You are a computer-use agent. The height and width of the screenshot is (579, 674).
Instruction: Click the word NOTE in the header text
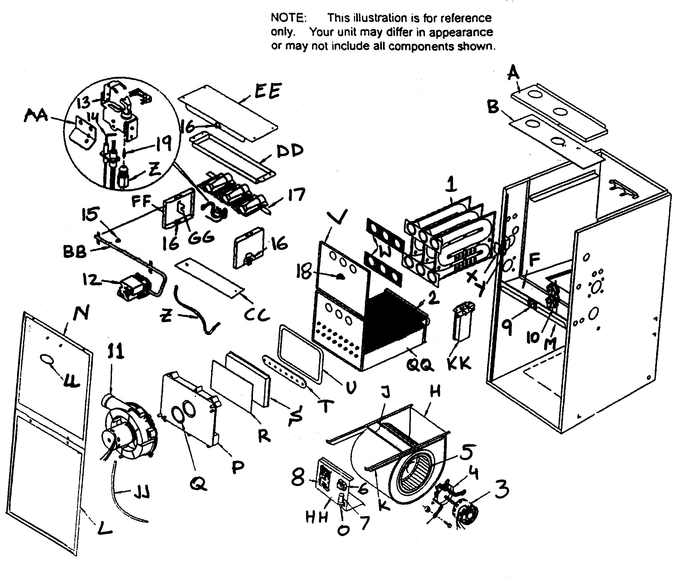(289, 18)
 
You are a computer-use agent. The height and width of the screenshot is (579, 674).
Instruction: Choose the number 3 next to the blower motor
(501, 490)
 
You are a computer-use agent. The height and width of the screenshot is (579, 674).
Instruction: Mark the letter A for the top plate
(513, 72)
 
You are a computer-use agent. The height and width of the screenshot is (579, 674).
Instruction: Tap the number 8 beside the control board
(298, 478)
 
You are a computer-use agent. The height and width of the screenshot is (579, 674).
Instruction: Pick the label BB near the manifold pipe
(75, 252)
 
